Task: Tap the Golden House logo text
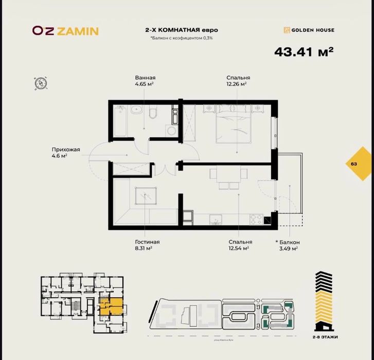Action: pos(309,30)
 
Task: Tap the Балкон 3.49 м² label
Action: pos(287,245)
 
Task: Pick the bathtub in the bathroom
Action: pos(120,121)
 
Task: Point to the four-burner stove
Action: pos(256,219)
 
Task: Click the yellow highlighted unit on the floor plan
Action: pos(111,307)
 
